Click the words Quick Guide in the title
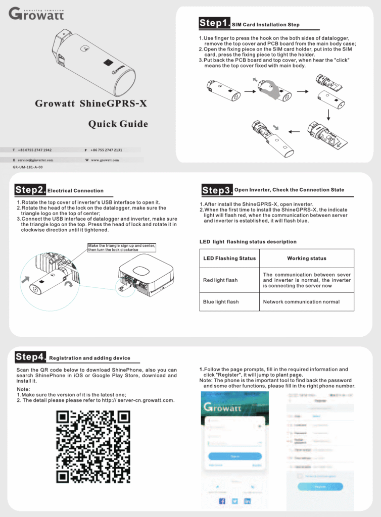tap(118, 124)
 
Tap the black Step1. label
tap(215, 23)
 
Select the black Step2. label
tap(30, 190)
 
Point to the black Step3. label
tap(217, 190)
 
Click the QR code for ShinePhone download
tap(93, 446)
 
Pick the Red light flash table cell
tap(220, 280)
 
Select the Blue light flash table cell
tap(221, 302)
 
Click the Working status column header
tap(307, 258)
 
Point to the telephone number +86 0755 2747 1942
tap(34, 150)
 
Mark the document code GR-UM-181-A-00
tap(27, 167)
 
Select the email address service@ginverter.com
tap(35, 160)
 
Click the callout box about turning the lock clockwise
tap(121, 248)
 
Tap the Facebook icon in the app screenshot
tap(222, 501)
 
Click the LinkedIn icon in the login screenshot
tap(248, 501)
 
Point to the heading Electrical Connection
tap(75, 191)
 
